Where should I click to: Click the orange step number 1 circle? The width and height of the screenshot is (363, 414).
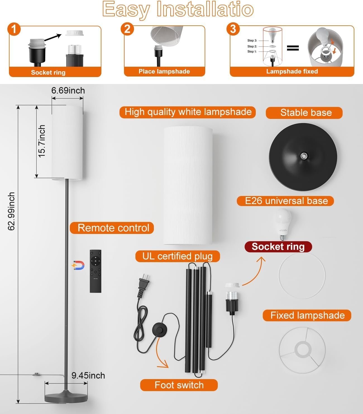[14, 29]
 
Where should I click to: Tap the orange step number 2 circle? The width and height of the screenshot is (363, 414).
[127, 29]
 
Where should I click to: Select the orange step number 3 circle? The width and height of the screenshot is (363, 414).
[233, 29]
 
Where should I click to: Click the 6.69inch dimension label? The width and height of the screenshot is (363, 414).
[68, 90]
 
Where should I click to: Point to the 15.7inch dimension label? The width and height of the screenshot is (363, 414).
[42, 141]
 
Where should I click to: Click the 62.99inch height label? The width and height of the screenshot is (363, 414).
[11, 211]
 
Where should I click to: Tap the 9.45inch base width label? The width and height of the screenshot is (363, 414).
[88, 375]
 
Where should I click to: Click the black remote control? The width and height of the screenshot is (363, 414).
[95, 271]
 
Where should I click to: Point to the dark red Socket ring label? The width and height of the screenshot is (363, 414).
[278, 247]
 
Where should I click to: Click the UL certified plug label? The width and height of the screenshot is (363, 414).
[178, 256]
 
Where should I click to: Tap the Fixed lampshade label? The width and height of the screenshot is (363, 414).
[307, 315]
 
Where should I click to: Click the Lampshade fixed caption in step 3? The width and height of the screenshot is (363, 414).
[292, 71]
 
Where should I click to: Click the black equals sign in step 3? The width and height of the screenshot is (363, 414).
[293, 48]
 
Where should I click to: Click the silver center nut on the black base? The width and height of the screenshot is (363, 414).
[304, 155]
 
